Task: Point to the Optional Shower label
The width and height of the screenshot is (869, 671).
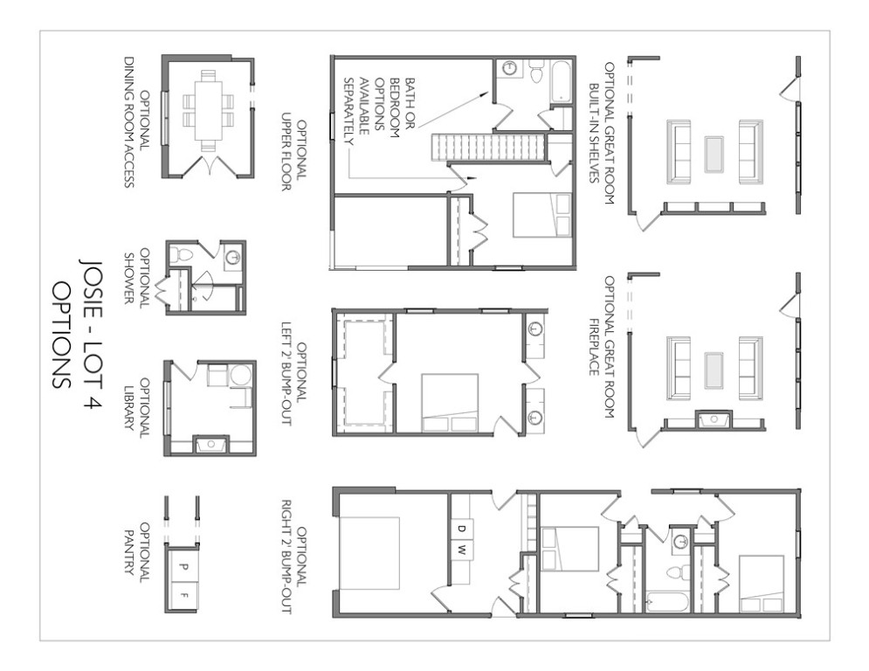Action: click(x=136, y=277)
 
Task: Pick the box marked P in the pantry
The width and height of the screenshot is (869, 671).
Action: click(x=183, y=567)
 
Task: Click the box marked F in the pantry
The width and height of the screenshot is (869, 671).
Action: click(x=183, y=596)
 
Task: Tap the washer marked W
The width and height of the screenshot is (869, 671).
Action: click(x=461, y=550)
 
